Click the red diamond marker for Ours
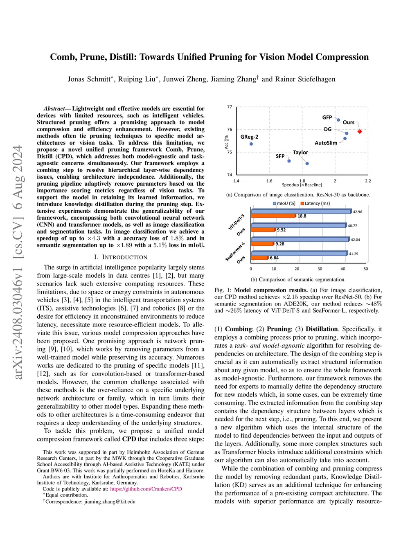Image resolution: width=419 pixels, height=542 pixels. click(x=360, y=131)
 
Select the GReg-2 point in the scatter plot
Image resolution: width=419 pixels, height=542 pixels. click(x=251, y=144)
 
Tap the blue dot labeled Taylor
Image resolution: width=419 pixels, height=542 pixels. click(x=307, y=163)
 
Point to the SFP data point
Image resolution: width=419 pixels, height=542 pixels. click(x=289, y=161)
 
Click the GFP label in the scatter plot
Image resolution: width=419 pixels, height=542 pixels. click(x=327, y=117)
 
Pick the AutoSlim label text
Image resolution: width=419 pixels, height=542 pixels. click(x=326, y=143)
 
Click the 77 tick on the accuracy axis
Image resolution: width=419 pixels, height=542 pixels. click(x=230, y=107)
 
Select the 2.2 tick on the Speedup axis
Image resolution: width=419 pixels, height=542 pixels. click(x=368, y=181)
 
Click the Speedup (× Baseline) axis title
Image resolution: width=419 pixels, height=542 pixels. click(x=302, y=185)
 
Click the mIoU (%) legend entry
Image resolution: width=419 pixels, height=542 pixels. click(x=284, y=203)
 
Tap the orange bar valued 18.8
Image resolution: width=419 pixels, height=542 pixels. click(x=273, y=216)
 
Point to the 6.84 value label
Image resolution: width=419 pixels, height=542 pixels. click(x=274, y=258)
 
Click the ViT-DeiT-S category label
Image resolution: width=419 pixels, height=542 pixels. click(x=237, y=222)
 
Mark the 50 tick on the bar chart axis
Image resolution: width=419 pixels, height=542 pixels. click(x=366, y=269)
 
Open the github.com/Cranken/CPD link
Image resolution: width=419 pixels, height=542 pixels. click(x=146, y=489)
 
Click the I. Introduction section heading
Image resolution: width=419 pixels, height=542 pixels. click(x=121, y=257)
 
